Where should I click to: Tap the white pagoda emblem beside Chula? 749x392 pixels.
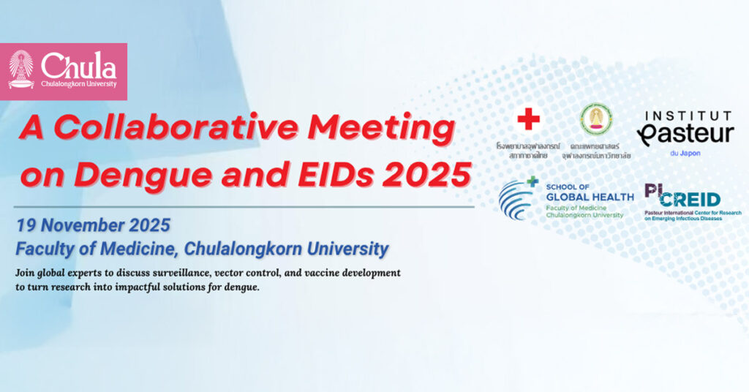click(21, 69)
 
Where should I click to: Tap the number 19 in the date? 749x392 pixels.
click(26, 225)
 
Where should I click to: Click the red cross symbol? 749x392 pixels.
click(528, 119)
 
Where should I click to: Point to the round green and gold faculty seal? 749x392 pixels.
click(596, 118)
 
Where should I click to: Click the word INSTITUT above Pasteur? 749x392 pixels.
click(688, 116)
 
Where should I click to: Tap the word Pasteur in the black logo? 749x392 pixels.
click(685, 134)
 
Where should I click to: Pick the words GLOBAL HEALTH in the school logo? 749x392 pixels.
click(590, 197)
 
